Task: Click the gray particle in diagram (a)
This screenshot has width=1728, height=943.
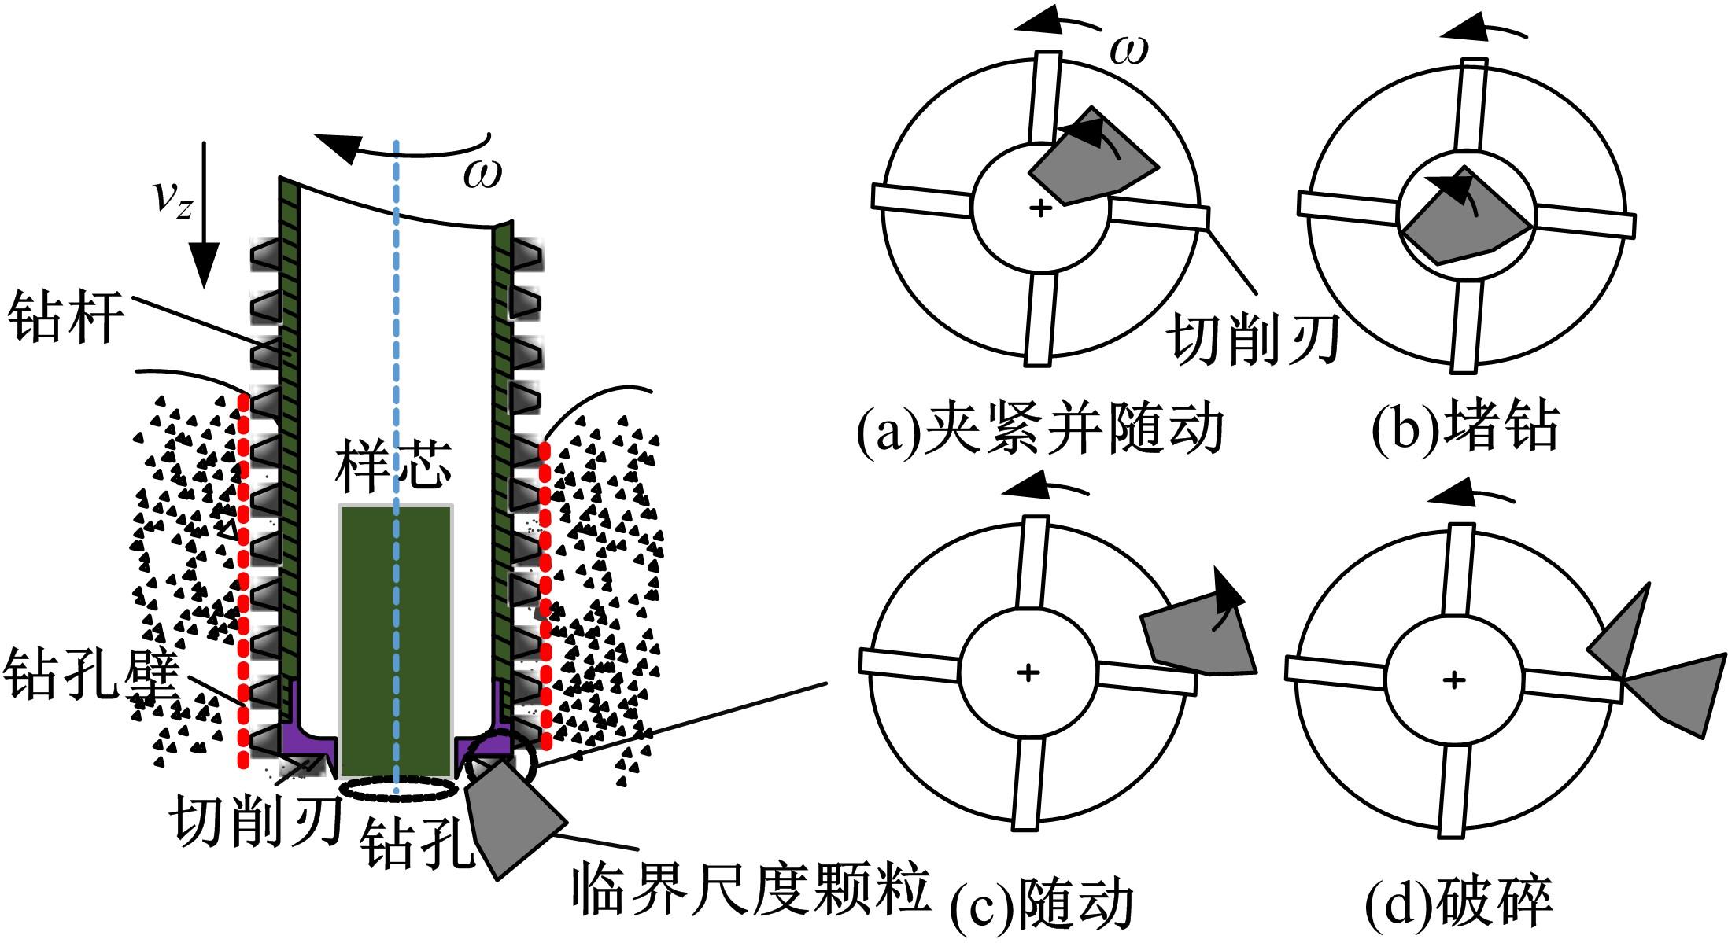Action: click(x=1090, y=161)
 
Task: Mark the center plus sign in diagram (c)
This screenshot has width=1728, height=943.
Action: click(x=1028, y=672)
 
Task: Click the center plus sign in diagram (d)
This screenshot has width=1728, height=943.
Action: click(x=1454, y=679)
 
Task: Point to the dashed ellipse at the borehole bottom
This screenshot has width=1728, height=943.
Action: click(x=397, y=788)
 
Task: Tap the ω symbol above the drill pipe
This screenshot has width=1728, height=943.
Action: click(x=482, y=173)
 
